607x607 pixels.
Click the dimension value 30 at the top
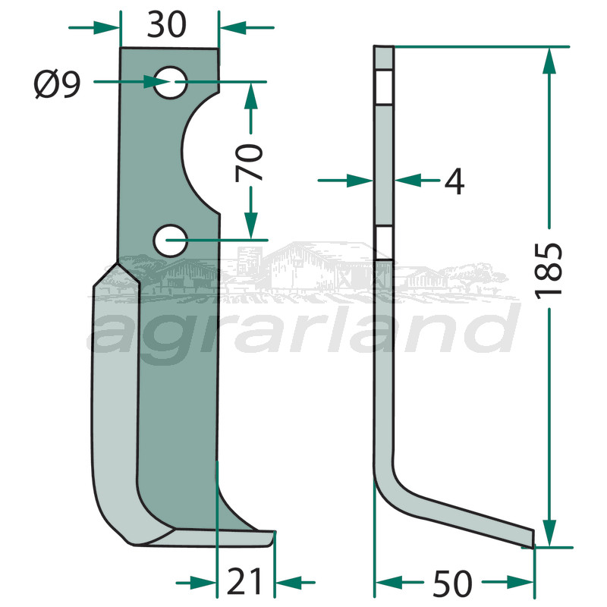[167, 26]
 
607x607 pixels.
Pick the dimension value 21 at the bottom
[245, 582]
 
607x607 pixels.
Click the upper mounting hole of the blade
[170, 82]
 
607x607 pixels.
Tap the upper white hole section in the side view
[384, 87]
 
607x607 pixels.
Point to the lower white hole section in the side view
[384, 244]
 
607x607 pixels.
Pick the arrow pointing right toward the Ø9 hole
[149, 82]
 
